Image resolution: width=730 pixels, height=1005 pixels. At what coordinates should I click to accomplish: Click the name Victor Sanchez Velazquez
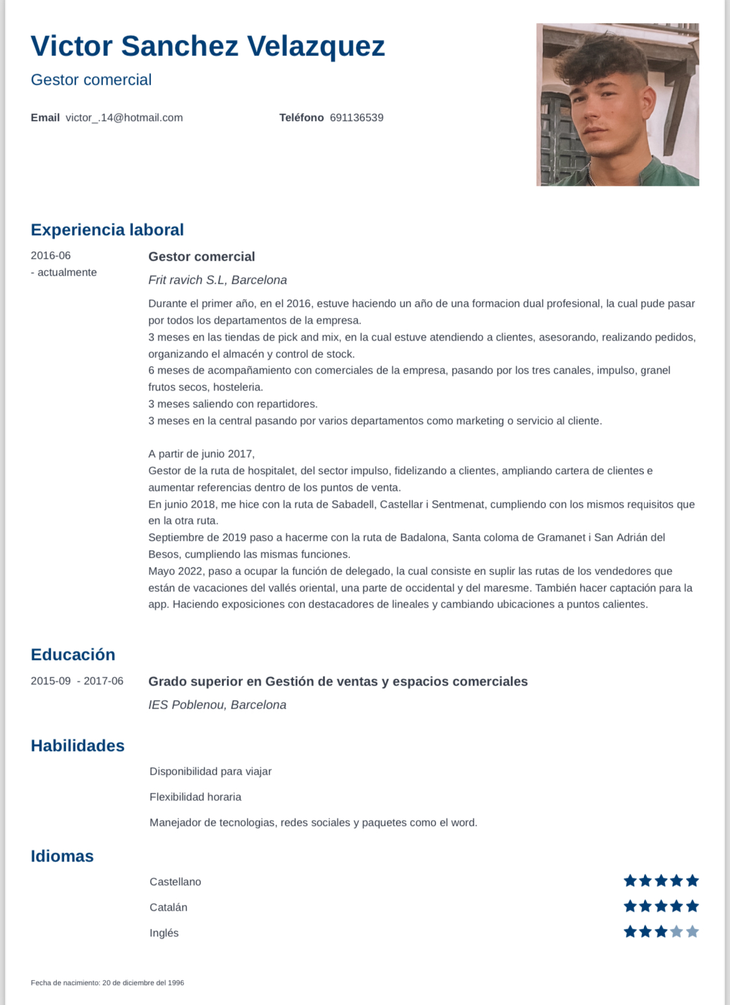[x=208, y=46]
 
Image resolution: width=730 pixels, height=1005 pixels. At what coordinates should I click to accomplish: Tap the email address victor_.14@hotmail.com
[x=124, y=118]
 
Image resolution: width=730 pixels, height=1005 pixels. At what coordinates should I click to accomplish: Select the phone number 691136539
[x=356, y=118]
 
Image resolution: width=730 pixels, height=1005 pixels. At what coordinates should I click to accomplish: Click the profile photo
[x=617, y=105]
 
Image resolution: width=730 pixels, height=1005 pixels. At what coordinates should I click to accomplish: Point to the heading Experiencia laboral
[x=107, y=230]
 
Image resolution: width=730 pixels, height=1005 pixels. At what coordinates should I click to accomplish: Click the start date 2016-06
[x=51, y=256]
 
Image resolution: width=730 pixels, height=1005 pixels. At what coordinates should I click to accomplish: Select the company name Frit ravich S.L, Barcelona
[x=217, y=280]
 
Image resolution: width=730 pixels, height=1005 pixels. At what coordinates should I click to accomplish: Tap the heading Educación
[x=73, y=654]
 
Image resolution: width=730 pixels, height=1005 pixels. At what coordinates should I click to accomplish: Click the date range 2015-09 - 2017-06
[x=77, y=681]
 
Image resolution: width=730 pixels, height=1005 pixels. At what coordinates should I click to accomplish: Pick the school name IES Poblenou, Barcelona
[x=217, y=705]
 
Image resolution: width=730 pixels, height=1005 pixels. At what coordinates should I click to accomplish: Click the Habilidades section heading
[x=77, y=745]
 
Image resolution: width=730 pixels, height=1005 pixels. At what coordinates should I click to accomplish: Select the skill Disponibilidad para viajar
[x=210, y=772]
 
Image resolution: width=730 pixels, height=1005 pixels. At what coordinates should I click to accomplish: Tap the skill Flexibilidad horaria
[x=195, y=797]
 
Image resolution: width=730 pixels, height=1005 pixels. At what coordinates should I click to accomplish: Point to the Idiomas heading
[x=62, y=856]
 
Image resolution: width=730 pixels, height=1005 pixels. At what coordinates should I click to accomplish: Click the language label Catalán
[x=168, y=908]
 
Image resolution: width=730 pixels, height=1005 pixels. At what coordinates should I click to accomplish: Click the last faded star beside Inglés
[x=692, y=932]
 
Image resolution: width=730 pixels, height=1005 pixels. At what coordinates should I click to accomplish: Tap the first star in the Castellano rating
[x=630, y=881]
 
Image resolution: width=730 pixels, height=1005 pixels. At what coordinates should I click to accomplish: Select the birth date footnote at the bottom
[x=107, y=983]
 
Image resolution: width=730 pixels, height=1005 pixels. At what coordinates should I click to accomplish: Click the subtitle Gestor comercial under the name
[x=91, y=80]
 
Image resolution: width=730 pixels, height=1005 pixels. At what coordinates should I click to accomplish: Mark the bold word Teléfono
[x=301, y=118]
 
